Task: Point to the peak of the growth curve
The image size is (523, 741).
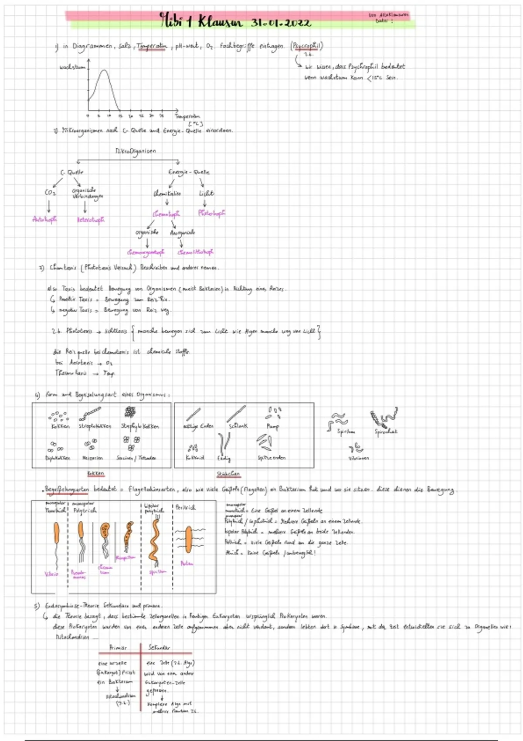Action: click(x=104, y=71)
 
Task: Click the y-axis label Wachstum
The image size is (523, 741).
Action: click(x=72, y=67)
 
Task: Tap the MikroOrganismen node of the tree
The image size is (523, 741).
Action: click(x=136, y=151)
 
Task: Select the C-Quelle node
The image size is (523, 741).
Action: click(x=72, y=173)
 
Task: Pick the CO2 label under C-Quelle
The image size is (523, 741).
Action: click(x=50, y=192)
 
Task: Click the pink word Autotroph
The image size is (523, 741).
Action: click(x=44, y=219)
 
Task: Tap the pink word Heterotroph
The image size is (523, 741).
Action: click(x=91, y=220)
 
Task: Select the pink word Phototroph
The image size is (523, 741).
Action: click(x=211, y=213)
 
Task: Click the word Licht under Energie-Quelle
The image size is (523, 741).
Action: click(x=206, y=193)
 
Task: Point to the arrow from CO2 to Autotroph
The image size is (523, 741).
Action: click(x=49, y=206)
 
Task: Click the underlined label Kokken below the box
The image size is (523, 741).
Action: click(x=95, y=473)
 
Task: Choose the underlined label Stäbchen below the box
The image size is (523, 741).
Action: click(x=228, y=474)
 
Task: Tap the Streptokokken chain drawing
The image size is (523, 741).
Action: click(x=91, y=413)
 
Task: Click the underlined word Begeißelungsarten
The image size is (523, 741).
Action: click(x=67, y=489)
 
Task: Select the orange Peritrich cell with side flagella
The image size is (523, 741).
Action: click(x=188, y=539)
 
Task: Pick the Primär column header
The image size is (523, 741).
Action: click(x=118, y=648)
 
